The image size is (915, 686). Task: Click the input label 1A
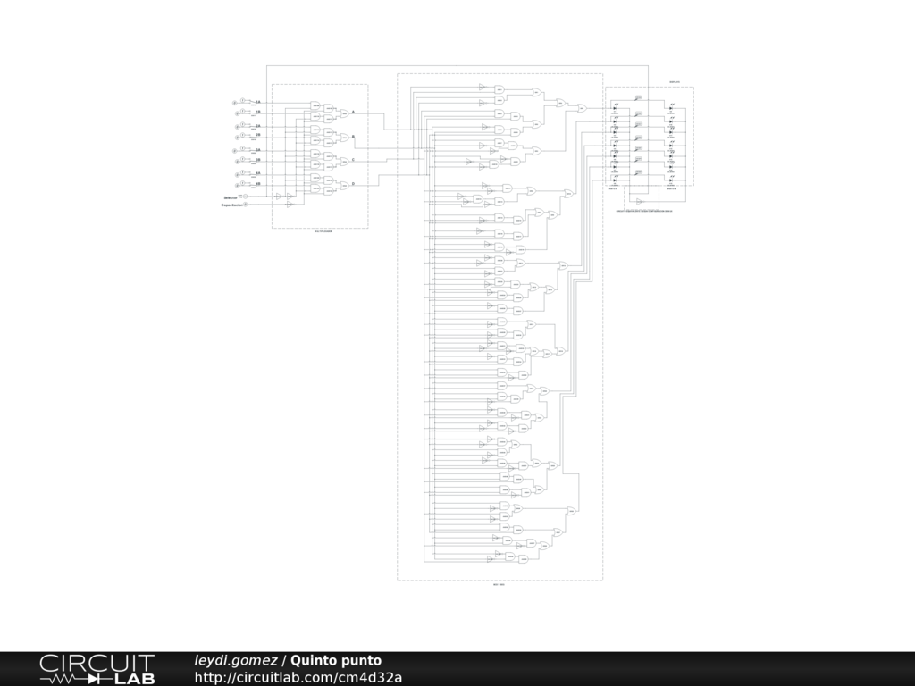(x=258, y=103)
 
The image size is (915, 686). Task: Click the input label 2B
(x=258, y=138)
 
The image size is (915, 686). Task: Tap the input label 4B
(x=258, y=184)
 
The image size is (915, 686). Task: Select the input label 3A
(x=258, y=150)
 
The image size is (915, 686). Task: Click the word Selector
(x=231, y=197)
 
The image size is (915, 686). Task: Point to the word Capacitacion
(x=232, y=205)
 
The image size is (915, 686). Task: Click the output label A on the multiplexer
(x=353, y=112)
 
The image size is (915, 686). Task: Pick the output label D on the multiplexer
(x=353, y=184)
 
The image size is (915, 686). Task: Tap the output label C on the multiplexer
(x=353, y=160)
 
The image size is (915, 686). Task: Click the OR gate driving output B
(x=343, y=138)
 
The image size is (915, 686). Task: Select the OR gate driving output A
(x=343, y=113)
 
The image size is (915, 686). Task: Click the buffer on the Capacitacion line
(x=290, y=205)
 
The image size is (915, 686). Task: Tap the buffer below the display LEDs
(x=640, y=202)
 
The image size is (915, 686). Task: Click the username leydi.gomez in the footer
(x=236, y=661)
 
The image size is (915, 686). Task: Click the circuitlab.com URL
(x=298, y=678)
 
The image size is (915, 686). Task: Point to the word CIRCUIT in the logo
(x=97, y=663)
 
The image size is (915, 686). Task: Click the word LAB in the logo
(x=135, y=679)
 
